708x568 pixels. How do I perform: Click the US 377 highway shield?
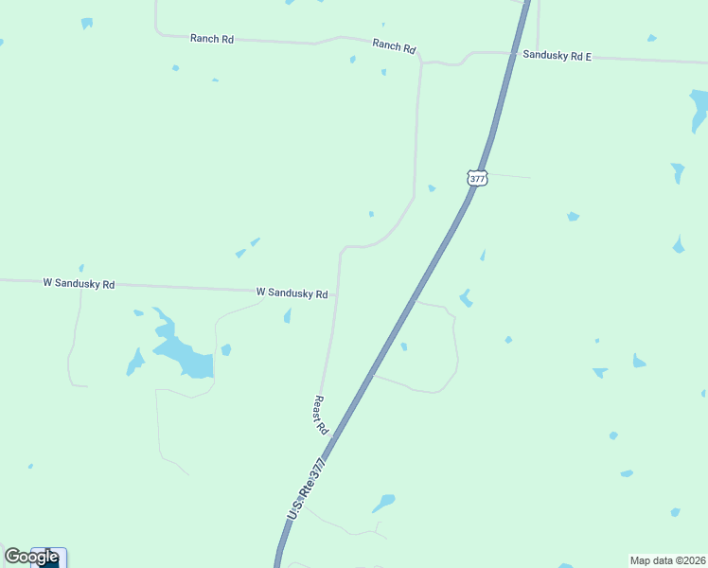(x=477, y=177)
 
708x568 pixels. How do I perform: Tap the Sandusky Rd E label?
(x=557, y=57)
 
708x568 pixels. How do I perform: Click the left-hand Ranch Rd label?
(x=211, y=39)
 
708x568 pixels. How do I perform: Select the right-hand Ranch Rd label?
(x=394, y=44)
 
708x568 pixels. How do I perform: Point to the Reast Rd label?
(x=321, y=415)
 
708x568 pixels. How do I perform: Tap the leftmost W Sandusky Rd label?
(x=79, y=283)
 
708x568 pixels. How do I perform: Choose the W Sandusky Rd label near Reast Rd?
(x=292, y=293)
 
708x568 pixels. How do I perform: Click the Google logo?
(x=31, y=557)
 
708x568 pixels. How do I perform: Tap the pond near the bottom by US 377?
(x=383, y=502)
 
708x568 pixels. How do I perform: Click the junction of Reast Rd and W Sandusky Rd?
(x=336, y=295)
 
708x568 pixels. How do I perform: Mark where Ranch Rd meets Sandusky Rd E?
(x=421, y=62)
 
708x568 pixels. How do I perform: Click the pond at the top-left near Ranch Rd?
(x=87, y=23)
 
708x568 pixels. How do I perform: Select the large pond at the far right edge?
(x=699, y=109)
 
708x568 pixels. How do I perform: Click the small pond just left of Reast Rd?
(x=287, y=316)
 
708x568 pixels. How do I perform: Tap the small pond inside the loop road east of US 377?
(x=404, y=346)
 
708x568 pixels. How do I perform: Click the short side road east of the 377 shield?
(x=509, y=176)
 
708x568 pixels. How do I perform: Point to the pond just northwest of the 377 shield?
(x=432, y=188)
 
